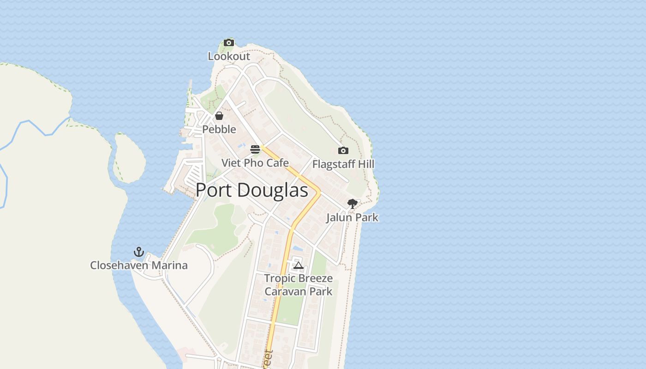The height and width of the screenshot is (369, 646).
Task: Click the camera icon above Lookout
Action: [x=229, y=43]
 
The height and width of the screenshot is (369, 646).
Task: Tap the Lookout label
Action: [x=229, y=56]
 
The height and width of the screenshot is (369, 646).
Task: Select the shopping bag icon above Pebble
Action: [x=219, y=116]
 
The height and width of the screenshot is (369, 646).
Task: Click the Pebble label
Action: [x=219, y=129]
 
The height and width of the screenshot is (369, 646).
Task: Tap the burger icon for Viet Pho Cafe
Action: [x=255, y=149]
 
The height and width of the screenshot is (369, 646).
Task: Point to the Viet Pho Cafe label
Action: [x=255, y=163]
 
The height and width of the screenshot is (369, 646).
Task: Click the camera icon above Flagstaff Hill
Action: [x=343, y=151]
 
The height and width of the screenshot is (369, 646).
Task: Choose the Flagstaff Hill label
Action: [x=343, y=164]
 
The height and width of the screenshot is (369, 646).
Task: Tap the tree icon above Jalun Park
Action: [x=353, y=204]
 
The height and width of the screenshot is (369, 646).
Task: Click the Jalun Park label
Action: [x=353, y=217]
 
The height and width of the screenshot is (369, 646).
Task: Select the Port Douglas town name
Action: [x=252, y=190]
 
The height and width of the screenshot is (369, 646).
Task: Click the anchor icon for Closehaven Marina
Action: [x=139, y=252]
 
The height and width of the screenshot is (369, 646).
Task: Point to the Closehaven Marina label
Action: [x=139, y=265]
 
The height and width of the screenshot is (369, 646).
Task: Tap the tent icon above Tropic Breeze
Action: [x=299, y=265]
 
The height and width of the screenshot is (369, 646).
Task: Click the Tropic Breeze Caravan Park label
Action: [x=299, y=285]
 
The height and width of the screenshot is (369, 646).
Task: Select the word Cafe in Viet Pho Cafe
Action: [x=278, y=163]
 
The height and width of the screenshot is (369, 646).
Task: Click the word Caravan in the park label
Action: [x=285, y=292]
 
